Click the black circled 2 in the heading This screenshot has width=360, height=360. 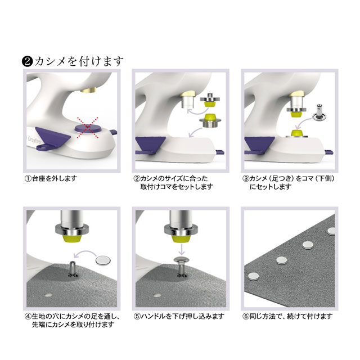pyautogui.click(x=27, y=62)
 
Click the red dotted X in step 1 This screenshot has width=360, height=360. pyautogui.click(x=88, y=128)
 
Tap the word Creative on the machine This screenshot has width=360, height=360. pyautogui.click(x=34, y=140)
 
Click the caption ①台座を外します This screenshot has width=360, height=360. pyautogui.click(x=51, y=178)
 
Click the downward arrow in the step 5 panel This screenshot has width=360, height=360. pyautogui.click(x=182, y=249)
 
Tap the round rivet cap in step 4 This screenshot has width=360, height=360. pyautogui.click(x=103, y=260)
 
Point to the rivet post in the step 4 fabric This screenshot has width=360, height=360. pyautogui.click(x=73, y=269)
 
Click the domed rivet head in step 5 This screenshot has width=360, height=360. pyautogui.click(x=181, y=260)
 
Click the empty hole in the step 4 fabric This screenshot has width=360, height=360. pyautogui.click(x=48, y=295)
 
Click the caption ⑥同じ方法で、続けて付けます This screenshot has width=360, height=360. pyautogui.click(x=287, y=316)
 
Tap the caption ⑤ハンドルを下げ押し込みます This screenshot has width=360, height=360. pyautogui.click(x=179, y=316)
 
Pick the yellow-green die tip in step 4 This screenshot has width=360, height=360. pyautogui.click(x=73, y=238)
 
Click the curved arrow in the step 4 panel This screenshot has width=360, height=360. pyautogui.click(x=84, y=253)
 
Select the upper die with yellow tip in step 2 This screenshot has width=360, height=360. pyautogui.click(x=210, y=100)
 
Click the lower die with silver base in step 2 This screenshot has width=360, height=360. pyautogui.click(x=210, y=120)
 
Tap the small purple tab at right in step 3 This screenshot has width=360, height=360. pyautogui.click(x=329, y=152)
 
